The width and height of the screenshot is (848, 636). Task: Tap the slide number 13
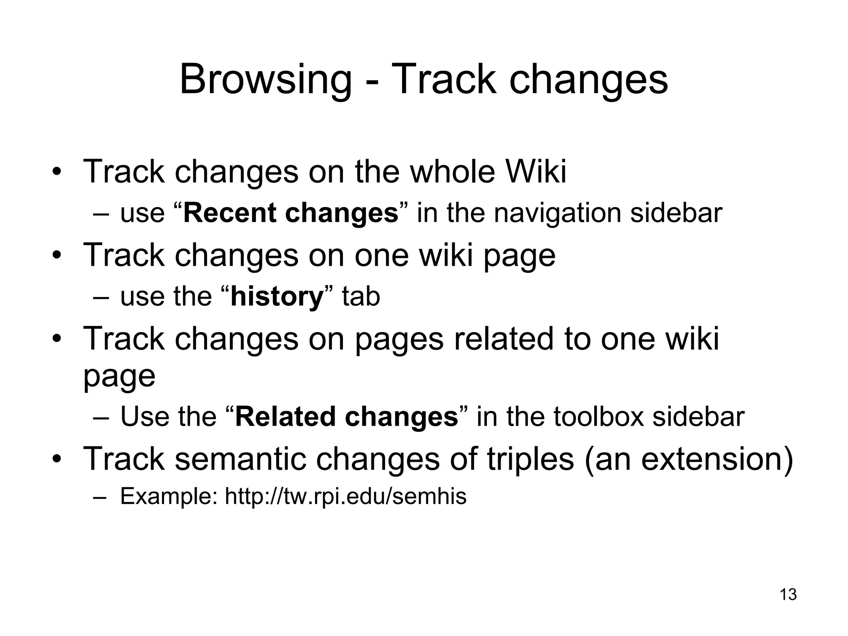[788, 595]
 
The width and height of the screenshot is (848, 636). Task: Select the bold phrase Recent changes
[291, 213]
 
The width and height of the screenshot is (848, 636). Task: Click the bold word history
[277, 297]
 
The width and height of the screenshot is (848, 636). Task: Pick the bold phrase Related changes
[347, 417]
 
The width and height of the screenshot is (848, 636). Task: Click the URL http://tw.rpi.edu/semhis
[345, 496]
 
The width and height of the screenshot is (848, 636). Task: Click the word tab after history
[361, 297]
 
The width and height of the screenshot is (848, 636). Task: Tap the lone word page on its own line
[119, 376]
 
